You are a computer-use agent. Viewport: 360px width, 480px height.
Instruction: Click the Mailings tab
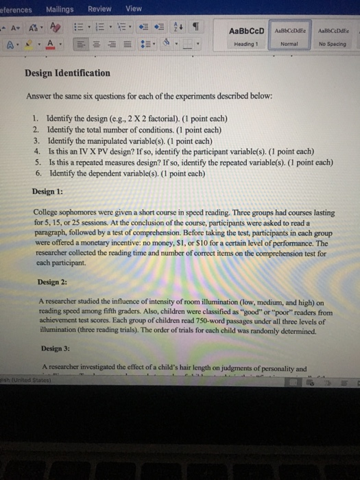click(x=60, y=8)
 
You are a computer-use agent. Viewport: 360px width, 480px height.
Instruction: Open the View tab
click(x=134, y=8)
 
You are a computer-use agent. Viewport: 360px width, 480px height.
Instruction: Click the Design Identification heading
click(x=67, y=73)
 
